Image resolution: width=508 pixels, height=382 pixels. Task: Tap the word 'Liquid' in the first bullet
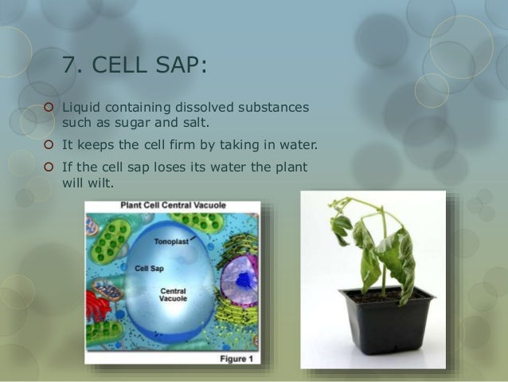click(81, 107)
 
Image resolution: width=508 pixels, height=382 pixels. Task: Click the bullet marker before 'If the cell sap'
click(49, 167)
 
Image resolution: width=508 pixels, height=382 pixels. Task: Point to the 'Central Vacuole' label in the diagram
click(173, 295)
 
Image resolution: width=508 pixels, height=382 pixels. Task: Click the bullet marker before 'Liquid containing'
click(49, 107)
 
